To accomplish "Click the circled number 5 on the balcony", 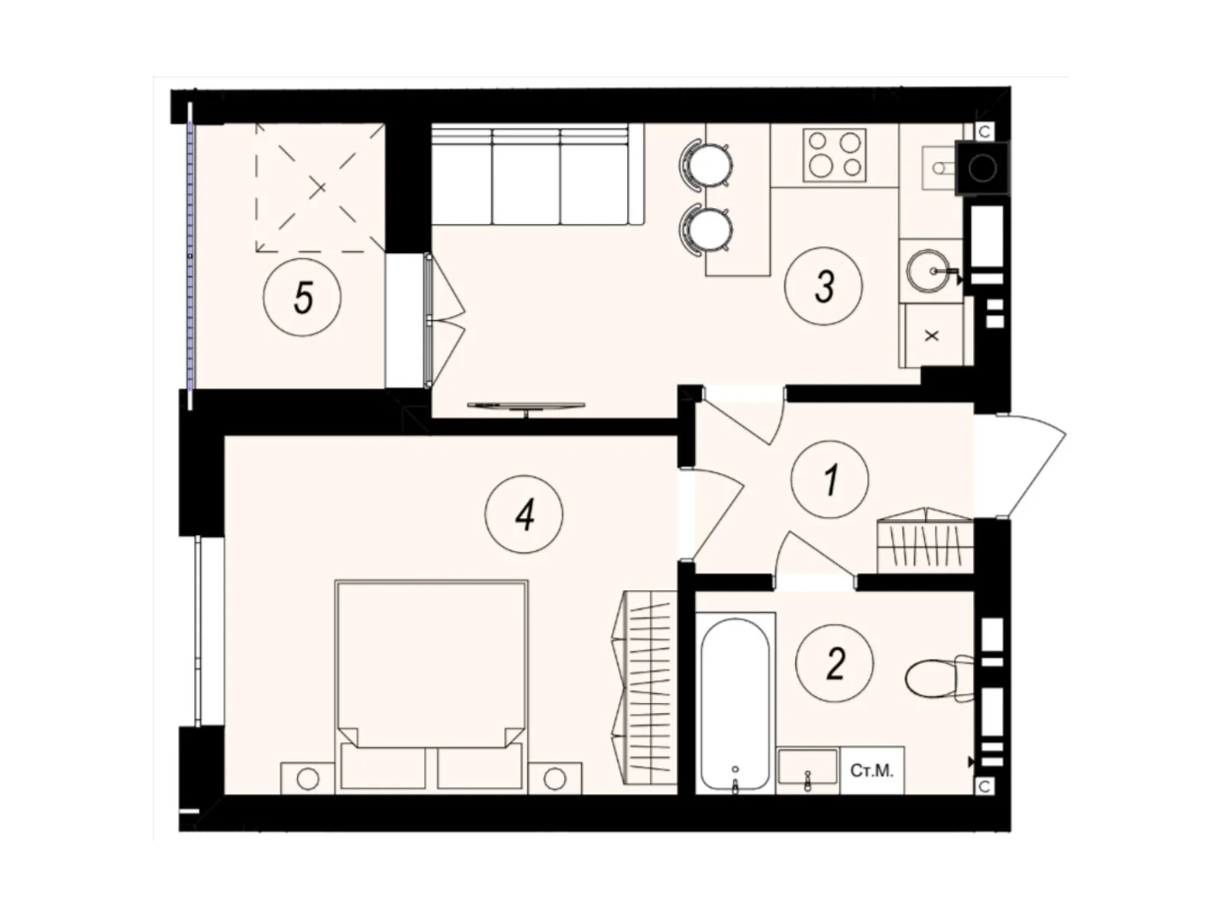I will tap(302, 296).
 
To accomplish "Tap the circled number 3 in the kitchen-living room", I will tap(824, 287).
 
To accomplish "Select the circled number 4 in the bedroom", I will tap(524, 515).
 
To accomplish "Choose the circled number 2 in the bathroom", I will tap(835, 663).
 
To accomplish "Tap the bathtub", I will tap(735, 704).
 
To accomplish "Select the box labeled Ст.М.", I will tap(872, 771).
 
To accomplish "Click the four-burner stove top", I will tap(834, 154).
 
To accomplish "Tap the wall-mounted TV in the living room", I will tap(525, 407).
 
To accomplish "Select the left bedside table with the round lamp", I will tap(308, 779).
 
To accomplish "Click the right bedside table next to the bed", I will tap(554, 779).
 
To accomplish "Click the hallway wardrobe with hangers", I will tap(925, 544).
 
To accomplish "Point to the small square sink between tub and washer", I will tap(808, 767).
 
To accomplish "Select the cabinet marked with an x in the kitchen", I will tap(932, 335).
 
